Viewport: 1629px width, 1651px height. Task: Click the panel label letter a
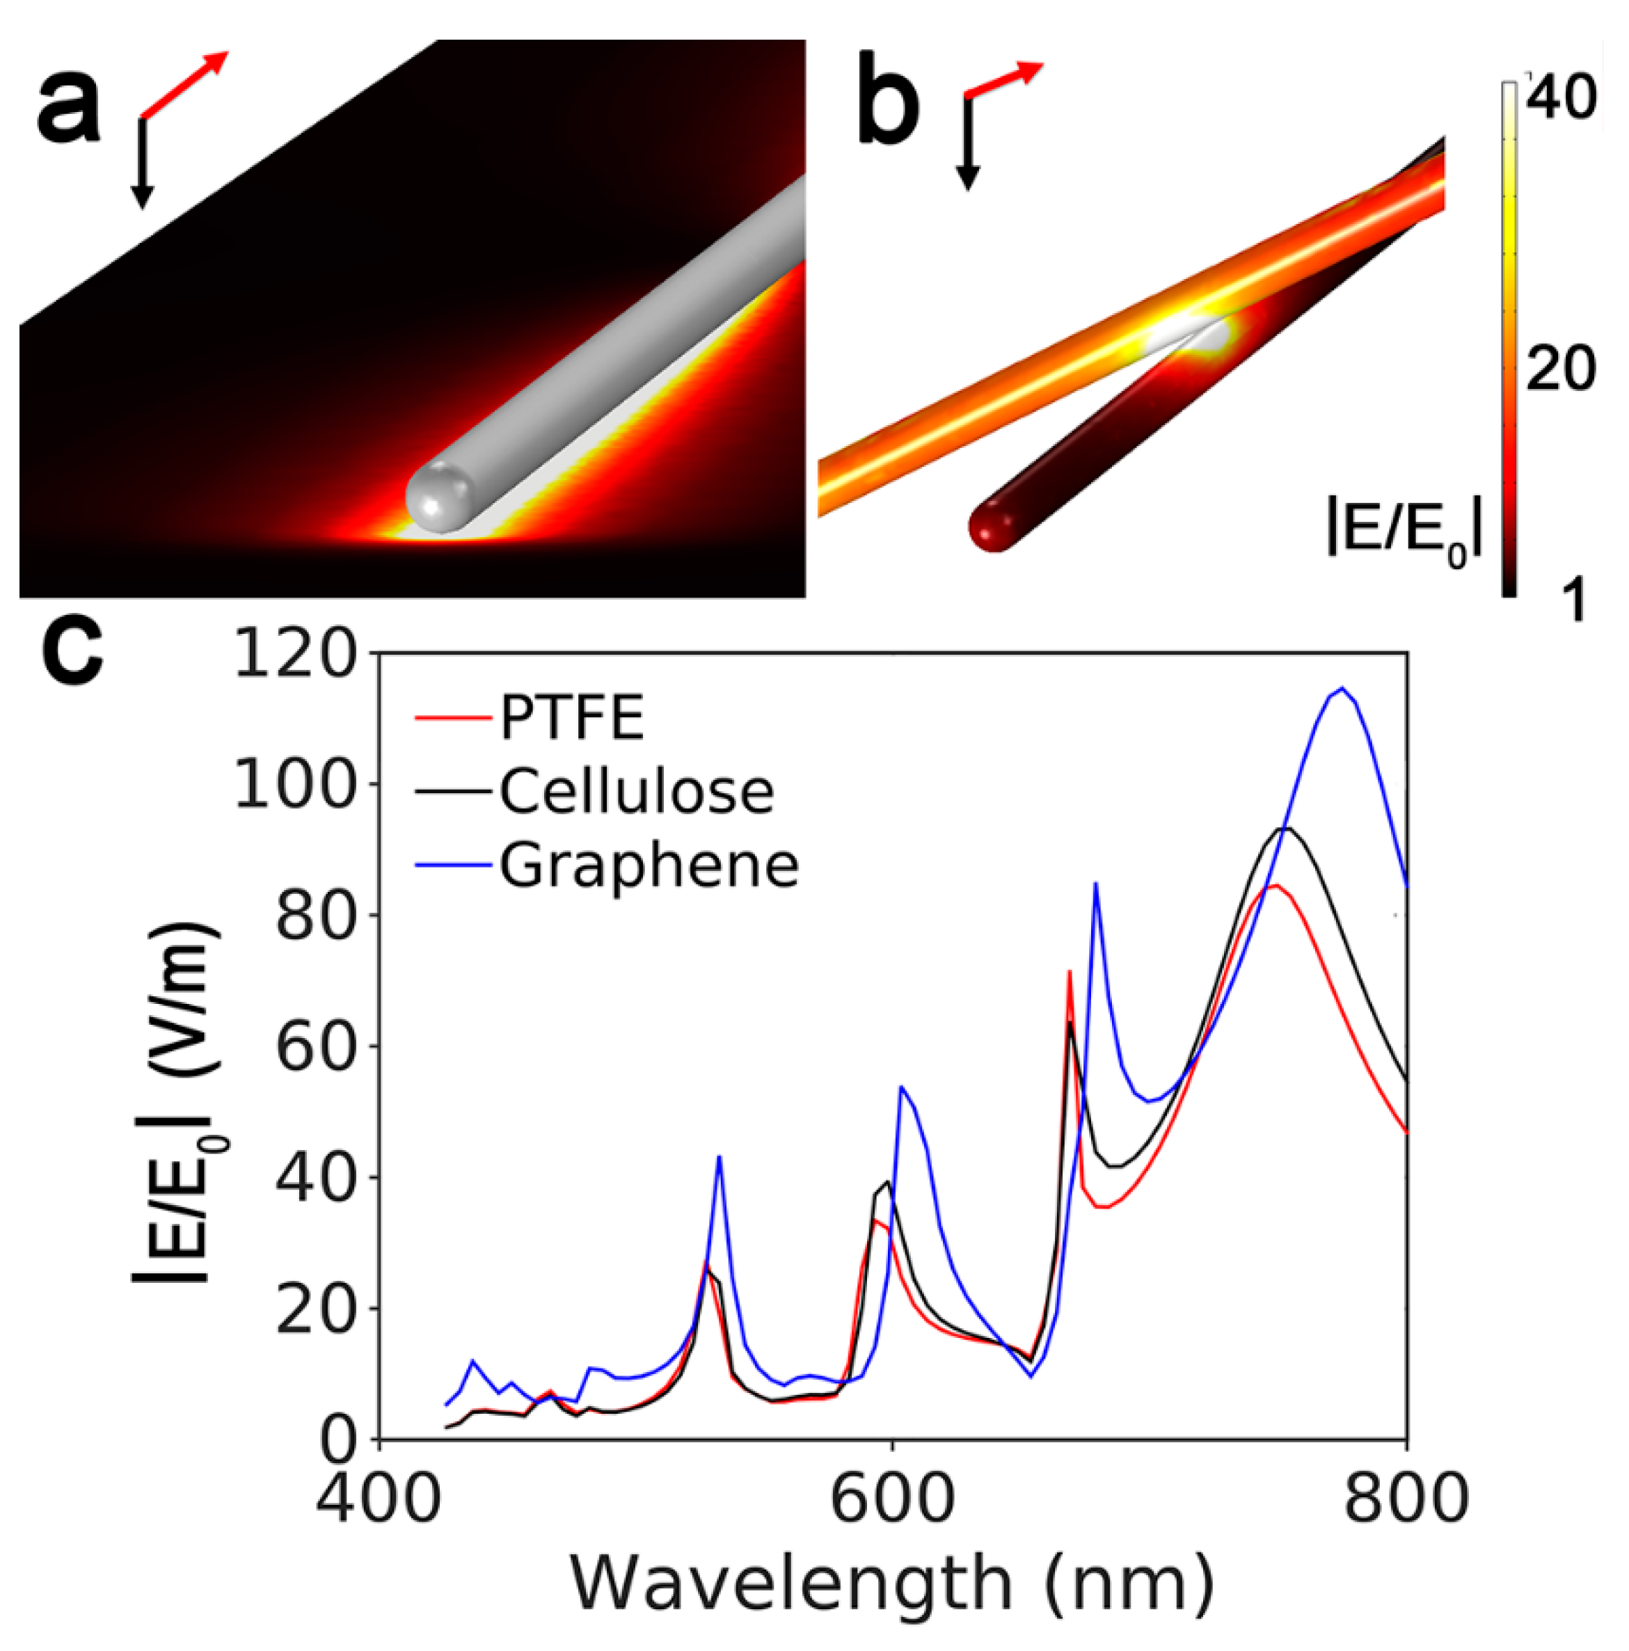tap(68, 109)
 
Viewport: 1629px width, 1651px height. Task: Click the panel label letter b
tap(889, 109)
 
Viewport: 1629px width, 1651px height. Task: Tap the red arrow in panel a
tap(186, 83)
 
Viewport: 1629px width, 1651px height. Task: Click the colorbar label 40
tap(1561, 97)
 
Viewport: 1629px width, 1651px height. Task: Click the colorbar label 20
tap(1561, 369)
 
